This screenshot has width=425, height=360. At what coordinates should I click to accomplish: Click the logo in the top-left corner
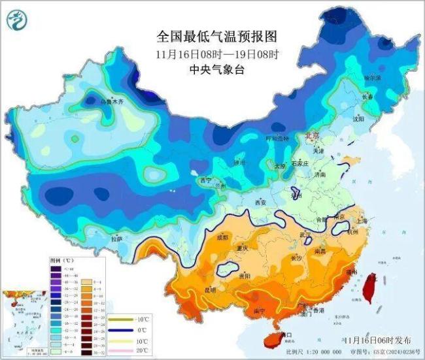(14, 20)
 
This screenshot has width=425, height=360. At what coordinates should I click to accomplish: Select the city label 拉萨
(116, 240)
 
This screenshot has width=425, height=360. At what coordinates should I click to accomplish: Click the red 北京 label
(311, 135)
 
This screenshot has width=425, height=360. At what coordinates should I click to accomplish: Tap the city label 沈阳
(375, 120)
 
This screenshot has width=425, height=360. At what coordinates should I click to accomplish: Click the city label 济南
(319, 175)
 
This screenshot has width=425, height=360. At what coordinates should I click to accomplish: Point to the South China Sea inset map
(23, 319)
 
